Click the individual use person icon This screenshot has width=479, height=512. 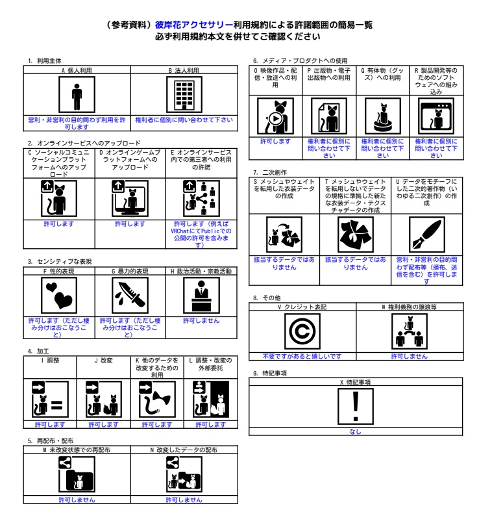[x=76, y=95]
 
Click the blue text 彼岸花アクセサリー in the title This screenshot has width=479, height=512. [x=184, y=24]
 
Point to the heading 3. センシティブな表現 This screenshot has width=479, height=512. [x=58, y=261]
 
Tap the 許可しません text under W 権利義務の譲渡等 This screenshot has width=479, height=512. [x=405, y=356]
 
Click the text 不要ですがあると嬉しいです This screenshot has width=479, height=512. [x=303, y=356]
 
